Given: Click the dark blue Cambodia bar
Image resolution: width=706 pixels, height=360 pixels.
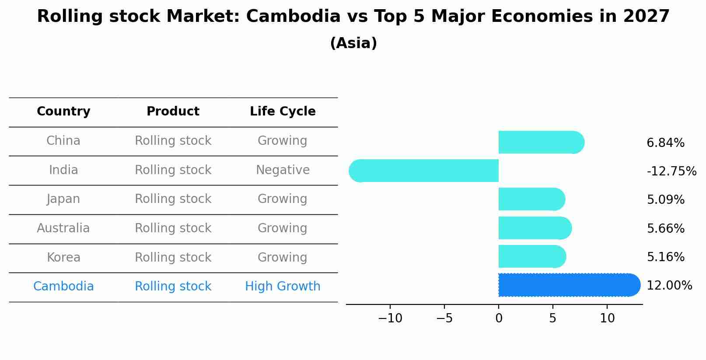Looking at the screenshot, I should [x=569, y=285].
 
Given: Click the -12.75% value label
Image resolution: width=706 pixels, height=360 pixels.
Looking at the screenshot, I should [x=671, y=171].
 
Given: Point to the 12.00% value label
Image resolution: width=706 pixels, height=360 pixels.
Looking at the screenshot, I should [x=669, y=286].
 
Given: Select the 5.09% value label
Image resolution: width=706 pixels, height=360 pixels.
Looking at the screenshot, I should [x=665, y=200].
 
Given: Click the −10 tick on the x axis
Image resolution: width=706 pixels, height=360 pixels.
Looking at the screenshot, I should [x=390, y=318].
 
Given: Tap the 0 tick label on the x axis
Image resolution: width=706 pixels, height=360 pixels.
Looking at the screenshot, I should [x=499, y=318].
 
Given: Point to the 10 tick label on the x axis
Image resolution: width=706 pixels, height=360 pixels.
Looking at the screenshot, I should [x=607, y=318].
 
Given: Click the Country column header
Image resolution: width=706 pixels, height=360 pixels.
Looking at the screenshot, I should [x=63, y=112].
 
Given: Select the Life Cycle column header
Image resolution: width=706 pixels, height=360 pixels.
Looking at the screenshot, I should [x=283, y=112].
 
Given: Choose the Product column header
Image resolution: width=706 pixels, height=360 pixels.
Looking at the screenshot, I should [x=173, y=112].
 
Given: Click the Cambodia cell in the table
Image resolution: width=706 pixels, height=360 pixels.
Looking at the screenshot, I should [x=63, y=287].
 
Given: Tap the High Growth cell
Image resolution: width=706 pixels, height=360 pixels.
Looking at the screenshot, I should [x=283, y=287].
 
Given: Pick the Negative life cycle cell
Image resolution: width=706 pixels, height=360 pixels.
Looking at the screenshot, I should [x=283, y=170].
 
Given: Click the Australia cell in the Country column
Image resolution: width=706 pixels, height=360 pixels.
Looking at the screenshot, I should [x=63, y=228].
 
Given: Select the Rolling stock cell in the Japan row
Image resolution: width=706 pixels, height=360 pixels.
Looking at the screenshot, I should [x=173, y=199].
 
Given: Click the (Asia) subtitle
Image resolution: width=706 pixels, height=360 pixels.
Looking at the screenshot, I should [x=353, y=43].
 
